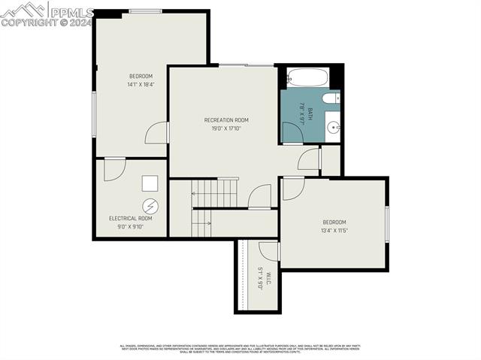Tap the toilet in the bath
click(331, 99)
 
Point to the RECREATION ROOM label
click(226, 120)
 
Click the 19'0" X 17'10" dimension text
click(226, 129)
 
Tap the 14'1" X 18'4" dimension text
click(141, 85)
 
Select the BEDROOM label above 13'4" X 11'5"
click(334, 222)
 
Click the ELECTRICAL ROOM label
click(131, 219)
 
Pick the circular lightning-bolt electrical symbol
click(150, 204)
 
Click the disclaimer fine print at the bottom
click(240, 349)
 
